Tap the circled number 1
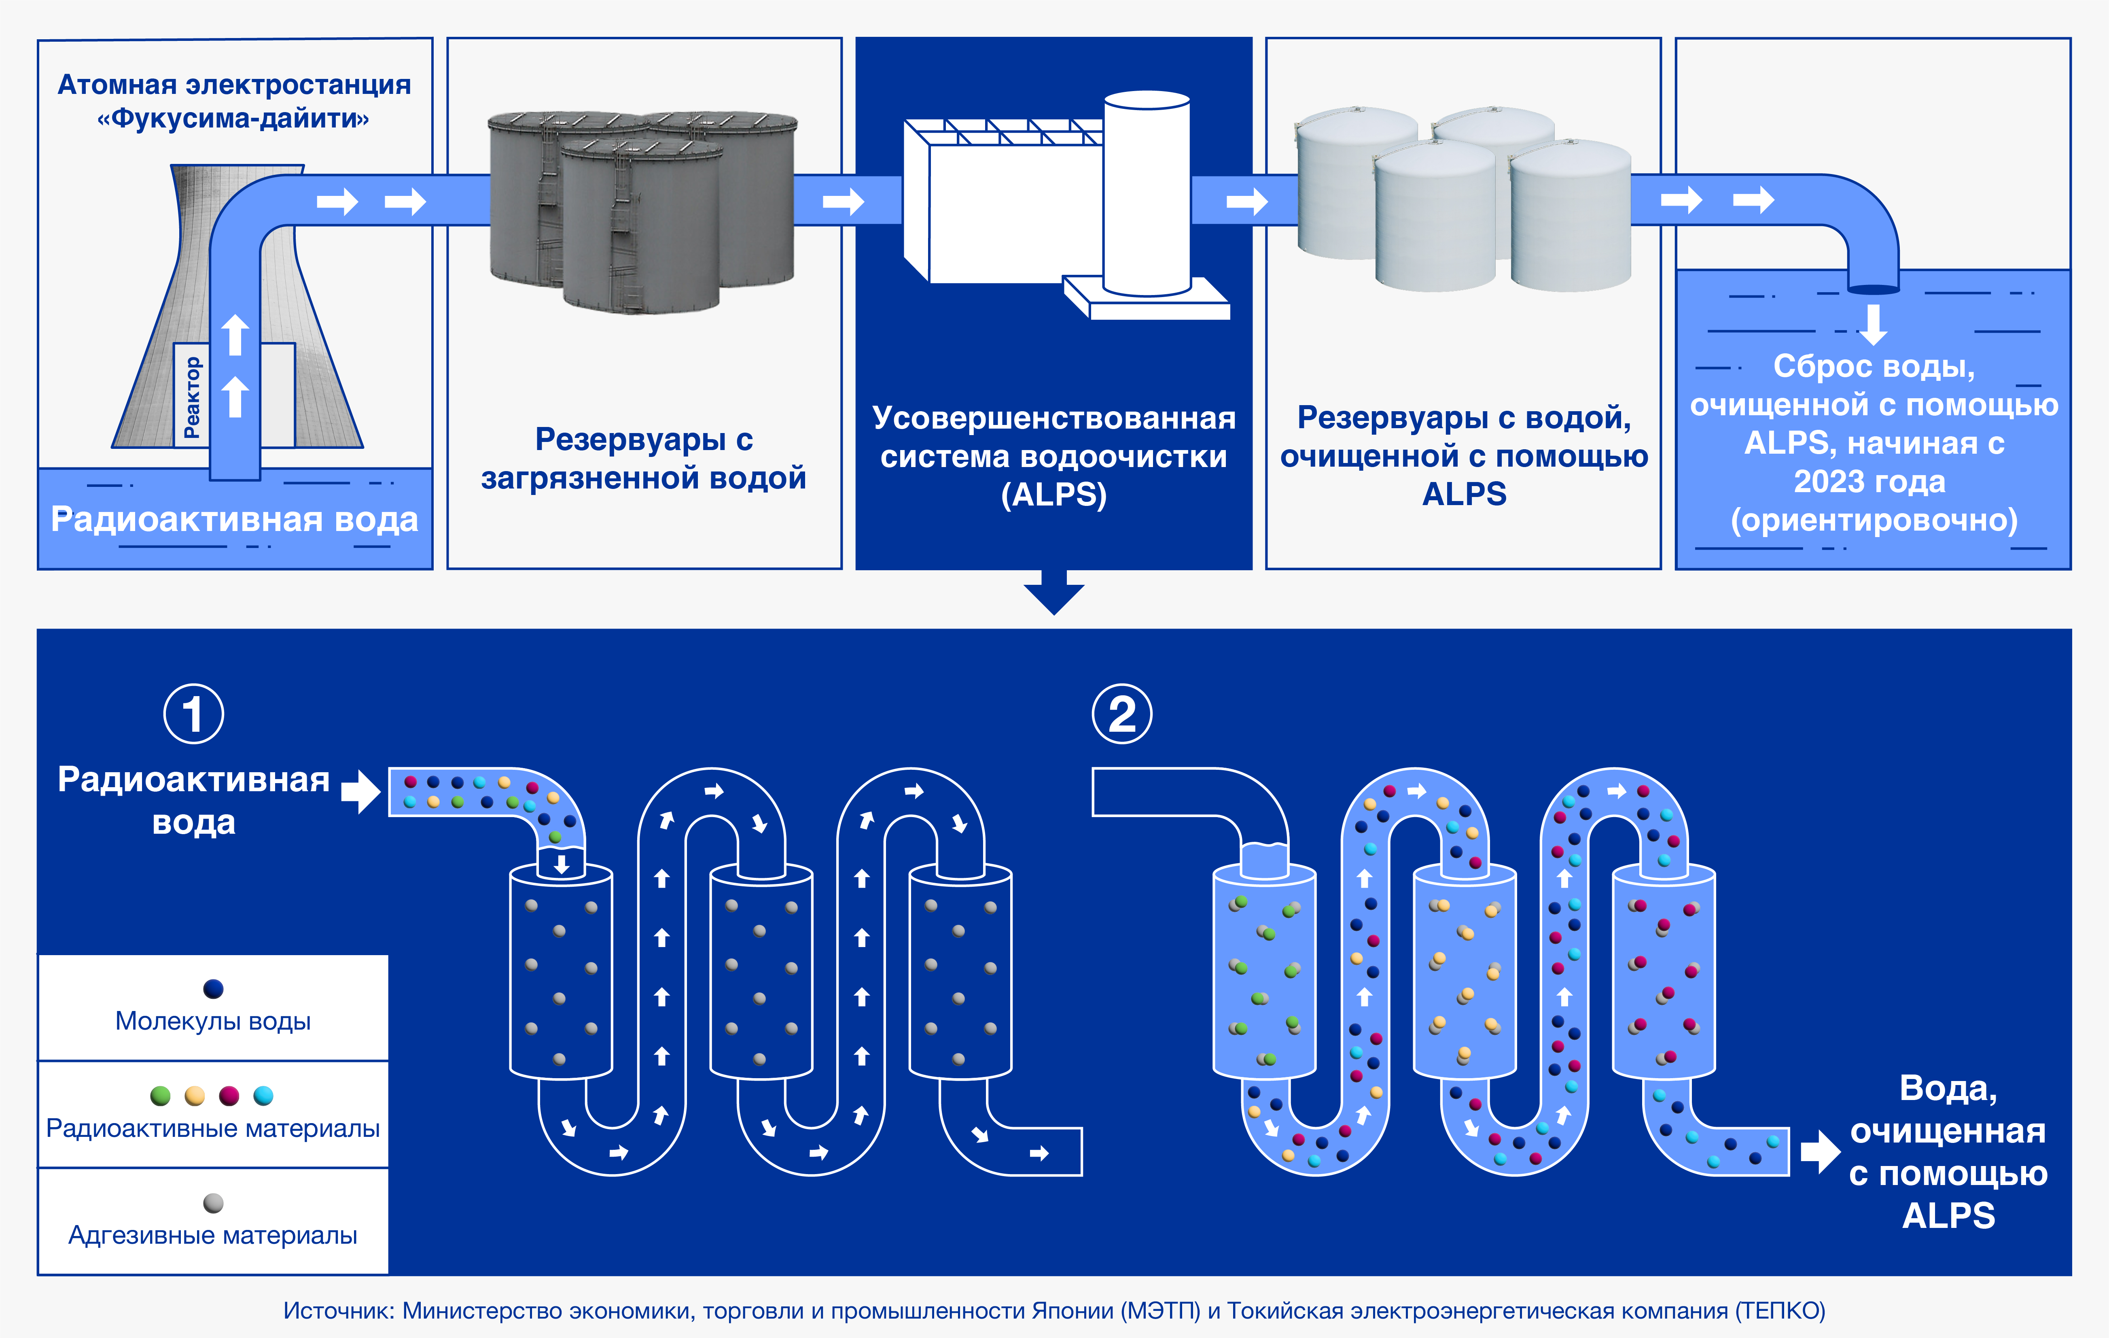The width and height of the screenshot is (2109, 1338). [x=193, y=714]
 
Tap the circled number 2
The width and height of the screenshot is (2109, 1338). [x=1122, y=714]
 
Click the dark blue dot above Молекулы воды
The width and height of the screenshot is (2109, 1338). [x=213, y=988]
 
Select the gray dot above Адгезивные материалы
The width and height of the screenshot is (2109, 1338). [x=213, y=1203]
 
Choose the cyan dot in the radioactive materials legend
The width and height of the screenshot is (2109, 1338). [x=263, y=1095]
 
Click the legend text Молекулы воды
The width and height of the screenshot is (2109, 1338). [x=213, y=1021]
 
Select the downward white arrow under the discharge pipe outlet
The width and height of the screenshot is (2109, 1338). [x=1874, y=324]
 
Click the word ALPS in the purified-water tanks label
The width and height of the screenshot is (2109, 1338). [x=1463, y=494]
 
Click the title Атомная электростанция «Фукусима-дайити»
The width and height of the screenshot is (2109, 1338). [x=234, y=101]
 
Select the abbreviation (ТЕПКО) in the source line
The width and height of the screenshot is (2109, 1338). [x=1781, y=1311]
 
